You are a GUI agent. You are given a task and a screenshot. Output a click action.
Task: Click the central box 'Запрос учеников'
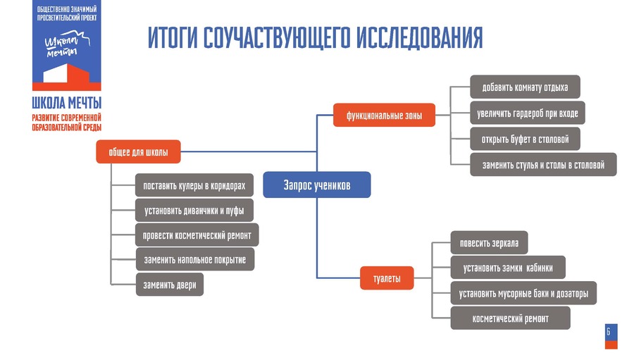click(x=316, y=185)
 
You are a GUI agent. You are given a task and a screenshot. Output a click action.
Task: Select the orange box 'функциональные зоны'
click(x=384, y=115)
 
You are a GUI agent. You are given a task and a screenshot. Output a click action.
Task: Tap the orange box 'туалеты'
click(x=387, y=279)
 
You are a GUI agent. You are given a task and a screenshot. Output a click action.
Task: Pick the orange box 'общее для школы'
click(x=138, y=151)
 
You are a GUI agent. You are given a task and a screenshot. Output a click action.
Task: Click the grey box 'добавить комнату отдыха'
click(x=525, y=87)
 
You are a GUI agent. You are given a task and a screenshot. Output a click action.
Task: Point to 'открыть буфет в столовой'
click(x=525, y=139)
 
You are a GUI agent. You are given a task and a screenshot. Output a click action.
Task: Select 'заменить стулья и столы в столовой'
click(x=543, y=165)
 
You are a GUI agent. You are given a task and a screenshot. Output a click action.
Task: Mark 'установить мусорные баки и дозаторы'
click(x=523, y=293)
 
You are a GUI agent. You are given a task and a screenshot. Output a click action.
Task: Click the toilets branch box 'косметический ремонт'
click(x=510, y=318)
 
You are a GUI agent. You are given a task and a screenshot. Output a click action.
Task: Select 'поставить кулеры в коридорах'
click(x=194, y=186)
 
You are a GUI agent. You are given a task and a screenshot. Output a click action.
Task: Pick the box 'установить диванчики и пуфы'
click(x=194, y=210)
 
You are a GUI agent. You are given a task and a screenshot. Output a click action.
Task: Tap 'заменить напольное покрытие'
click(x=194, y=259)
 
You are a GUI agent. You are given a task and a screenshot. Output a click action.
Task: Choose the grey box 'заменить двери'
click(x=169, y=285)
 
